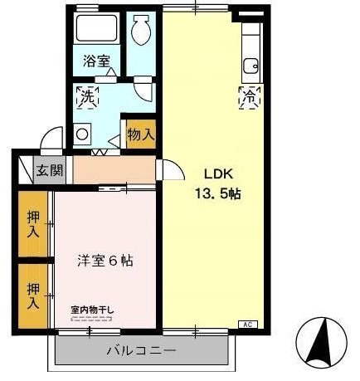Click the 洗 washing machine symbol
click(86, 97)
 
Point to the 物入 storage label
click(140, 133)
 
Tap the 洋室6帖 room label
click(104, 260)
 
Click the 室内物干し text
click(93, 310)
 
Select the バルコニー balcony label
click(141, 351)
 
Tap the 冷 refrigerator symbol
click(248, 97)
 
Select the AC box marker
click(247, 324)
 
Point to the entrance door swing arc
click(53, 137)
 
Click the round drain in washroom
click(82, 131)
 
